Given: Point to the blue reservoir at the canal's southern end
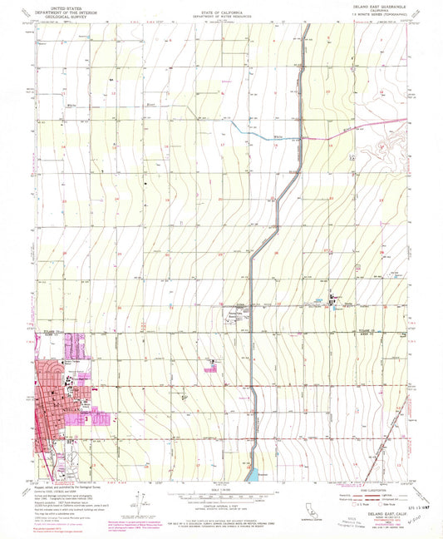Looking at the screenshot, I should tap(250, 474).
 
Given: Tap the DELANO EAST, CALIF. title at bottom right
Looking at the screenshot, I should tap(383, 512).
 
